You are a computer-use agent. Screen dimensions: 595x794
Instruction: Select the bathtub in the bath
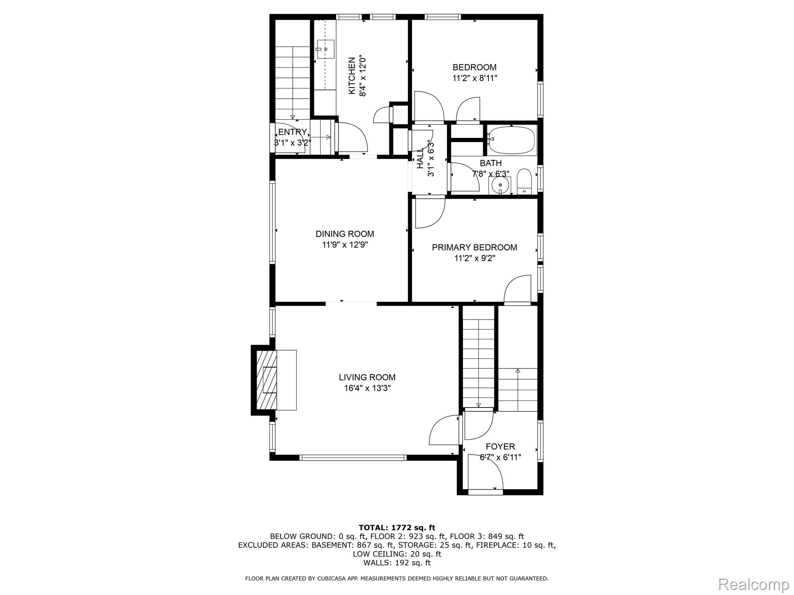pos(512,140)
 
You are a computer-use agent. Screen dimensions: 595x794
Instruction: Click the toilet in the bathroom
pos(524,181)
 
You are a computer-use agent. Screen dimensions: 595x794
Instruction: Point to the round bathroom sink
pos(500,185)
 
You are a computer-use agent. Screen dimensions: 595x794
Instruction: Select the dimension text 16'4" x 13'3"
pos(367,388)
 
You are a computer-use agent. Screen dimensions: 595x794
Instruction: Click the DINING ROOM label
pos(345,234)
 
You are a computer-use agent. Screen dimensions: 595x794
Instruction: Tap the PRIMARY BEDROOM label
pos(474,248)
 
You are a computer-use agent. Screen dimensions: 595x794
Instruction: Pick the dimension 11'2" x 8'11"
pos(475,78)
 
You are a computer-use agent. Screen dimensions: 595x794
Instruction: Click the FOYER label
pos(500,447)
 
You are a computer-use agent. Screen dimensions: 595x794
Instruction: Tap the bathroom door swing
pos(464,177)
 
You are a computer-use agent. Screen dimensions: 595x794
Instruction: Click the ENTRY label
pos(292,132)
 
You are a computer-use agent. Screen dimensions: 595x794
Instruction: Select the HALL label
pos(420,158)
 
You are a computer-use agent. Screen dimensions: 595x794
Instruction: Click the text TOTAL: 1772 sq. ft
pos(397,528)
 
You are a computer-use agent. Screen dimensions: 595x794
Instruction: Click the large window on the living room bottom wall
pos(353,457)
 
